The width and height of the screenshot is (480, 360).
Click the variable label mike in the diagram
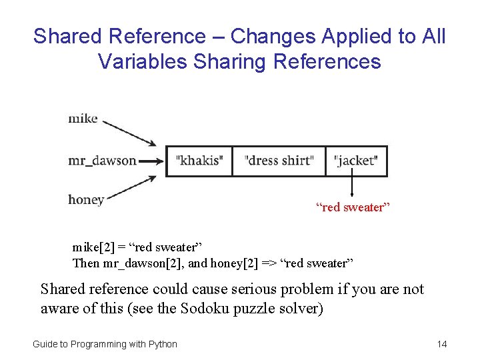[x=83, y=119]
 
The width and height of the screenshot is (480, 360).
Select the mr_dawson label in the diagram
[x=102, y=161]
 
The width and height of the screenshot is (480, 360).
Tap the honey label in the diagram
[x=86, y=200]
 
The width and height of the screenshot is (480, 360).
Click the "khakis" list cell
[x=199, y=161]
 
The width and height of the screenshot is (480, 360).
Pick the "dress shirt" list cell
[x=279, y=161]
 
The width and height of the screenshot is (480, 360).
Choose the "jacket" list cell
[x=356, y=161]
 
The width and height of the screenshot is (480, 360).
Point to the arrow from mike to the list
[x=130, y=132]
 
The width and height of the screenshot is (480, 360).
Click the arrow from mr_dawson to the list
[x=151, y=161]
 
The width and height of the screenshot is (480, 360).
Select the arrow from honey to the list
[x=130, y=189]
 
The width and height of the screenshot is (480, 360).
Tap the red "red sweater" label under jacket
[x=353, y=207]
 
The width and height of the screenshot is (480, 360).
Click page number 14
[x=441, y=344]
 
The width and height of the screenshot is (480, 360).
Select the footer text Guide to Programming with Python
[x=105, y=344]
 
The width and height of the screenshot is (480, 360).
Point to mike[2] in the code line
[x=92, y=248]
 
